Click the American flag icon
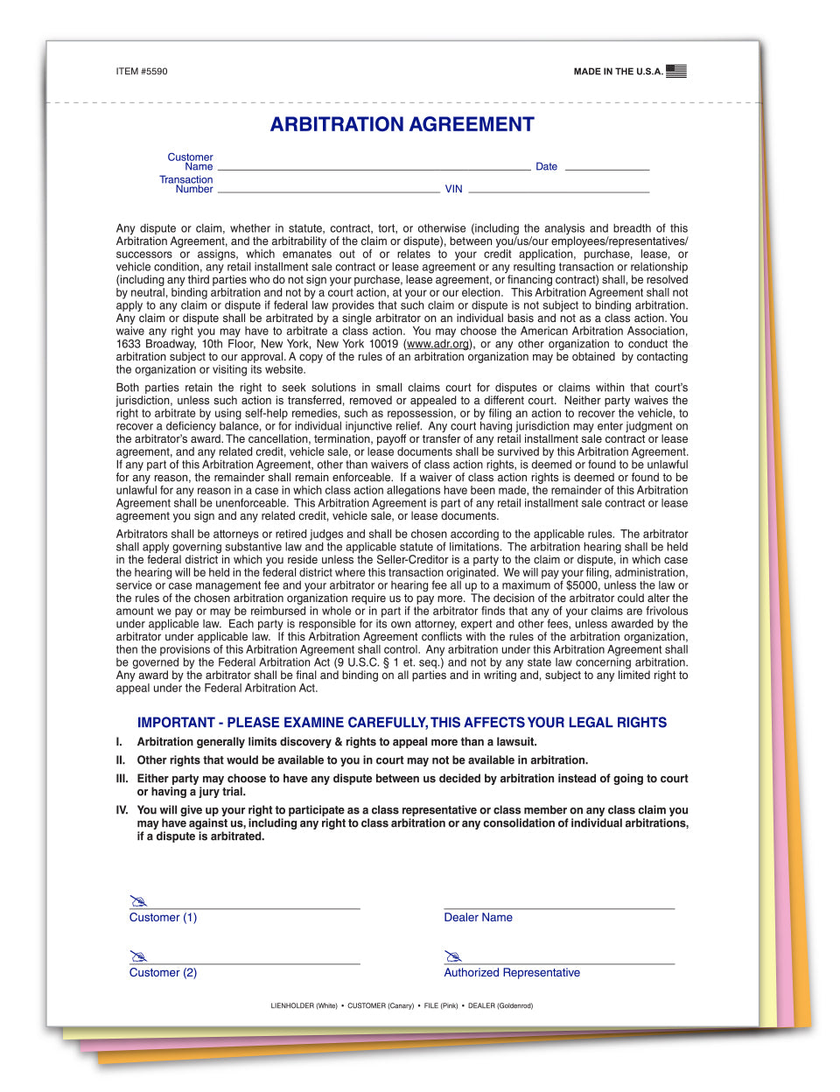675,71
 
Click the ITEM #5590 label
141,72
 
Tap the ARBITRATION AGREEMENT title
402,124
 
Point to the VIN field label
453,189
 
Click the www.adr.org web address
437,344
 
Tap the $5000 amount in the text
583,585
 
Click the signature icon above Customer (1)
138,901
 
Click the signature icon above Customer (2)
138,956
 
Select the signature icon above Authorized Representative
452,956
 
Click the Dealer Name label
478,918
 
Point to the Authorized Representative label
512,973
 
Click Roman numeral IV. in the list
122,810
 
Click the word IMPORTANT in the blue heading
176,723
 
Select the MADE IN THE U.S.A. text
618,72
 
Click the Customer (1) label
163,918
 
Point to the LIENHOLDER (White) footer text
304,1006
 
